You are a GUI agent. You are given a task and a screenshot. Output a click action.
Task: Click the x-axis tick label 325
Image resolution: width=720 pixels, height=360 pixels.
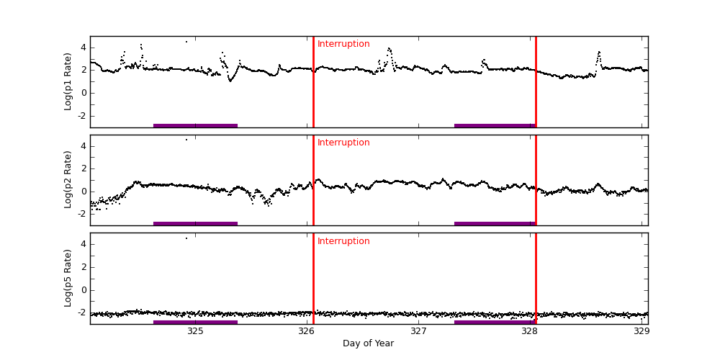(195, 332)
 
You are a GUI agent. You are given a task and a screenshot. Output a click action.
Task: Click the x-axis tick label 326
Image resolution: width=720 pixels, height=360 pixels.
(307, 332)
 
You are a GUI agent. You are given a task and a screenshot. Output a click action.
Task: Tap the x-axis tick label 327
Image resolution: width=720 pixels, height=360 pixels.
(418, 332)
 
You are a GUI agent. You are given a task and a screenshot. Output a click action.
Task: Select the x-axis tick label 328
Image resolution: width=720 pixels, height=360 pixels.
(530, 332)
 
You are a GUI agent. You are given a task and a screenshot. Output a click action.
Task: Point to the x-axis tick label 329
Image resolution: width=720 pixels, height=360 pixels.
(642, 332)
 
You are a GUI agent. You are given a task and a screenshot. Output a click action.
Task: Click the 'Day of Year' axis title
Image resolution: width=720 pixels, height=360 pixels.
(368, 343)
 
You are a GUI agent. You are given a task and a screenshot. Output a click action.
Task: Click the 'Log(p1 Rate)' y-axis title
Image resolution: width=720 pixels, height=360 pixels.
(68, 81)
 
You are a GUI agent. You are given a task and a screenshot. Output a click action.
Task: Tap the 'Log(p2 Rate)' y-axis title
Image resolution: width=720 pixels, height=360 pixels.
(68, 179)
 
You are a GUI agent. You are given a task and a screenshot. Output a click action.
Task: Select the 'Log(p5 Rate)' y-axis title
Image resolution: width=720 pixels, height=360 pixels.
(68, 278)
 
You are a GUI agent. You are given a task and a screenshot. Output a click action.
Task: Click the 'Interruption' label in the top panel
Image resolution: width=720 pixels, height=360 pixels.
(343, 45)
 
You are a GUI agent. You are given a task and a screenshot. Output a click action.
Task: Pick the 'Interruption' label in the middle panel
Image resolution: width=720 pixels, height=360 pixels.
(343, 143)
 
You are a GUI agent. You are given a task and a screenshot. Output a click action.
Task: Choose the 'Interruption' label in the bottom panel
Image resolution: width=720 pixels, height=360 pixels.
(343, 242)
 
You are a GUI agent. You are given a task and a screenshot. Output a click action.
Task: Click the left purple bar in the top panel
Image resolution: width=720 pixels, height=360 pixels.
(195, 125)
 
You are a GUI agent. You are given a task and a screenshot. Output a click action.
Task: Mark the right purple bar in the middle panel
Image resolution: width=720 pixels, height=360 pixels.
(495, 223)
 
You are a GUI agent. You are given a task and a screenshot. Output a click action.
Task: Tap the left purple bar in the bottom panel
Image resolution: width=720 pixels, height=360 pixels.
(195, 322)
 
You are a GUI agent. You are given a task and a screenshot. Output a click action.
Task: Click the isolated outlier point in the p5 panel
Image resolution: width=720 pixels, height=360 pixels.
(186, 238)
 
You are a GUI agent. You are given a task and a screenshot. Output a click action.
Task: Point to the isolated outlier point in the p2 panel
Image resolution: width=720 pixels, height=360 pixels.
(186, 140)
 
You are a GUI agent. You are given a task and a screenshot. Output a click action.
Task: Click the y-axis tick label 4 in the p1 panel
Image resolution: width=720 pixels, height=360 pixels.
(84, 48)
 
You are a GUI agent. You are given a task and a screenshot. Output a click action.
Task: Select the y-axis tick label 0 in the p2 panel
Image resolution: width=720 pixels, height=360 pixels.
(84, 191)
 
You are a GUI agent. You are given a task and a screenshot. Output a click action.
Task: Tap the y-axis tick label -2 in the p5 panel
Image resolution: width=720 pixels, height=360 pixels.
(82, 312)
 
